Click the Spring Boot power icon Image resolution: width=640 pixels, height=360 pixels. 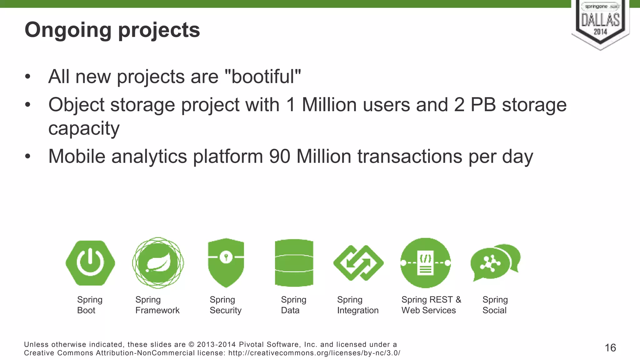point(90,263)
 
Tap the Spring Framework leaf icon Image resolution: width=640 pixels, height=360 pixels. point(158,263)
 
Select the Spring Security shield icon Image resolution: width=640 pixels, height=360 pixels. point(226,262)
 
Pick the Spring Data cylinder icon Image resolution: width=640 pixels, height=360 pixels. point(294,263)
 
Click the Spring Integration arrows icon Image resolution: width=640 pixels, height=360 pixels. point(358,263)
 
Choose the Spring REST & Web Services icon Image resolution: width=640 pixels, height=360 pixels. point(426,263)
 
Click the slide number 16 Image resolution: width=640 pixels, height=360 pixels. point(610,348)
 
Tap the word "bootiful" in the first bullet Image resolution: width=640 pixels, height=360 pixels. point(263,77)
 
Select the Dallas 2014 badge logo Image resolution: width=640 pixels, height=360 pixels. point(600,23)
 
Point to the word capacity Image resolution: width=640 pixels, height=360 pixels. point(84,128)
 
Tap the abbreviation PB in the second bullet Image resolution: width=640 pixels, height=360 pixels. point(483,105)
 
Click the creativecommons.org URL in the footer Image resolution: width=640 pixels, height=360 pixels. point(314,353)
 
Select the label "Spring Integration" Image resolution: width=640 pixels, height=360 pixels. point(358,305)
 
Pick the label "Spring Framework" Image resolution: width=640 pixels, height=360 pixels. point(157,305)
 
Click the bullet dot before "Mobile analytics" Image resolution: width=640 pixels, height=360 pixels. point(28,156)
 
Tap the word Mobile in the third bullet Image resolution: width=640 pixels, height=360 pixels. point(77,156)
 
